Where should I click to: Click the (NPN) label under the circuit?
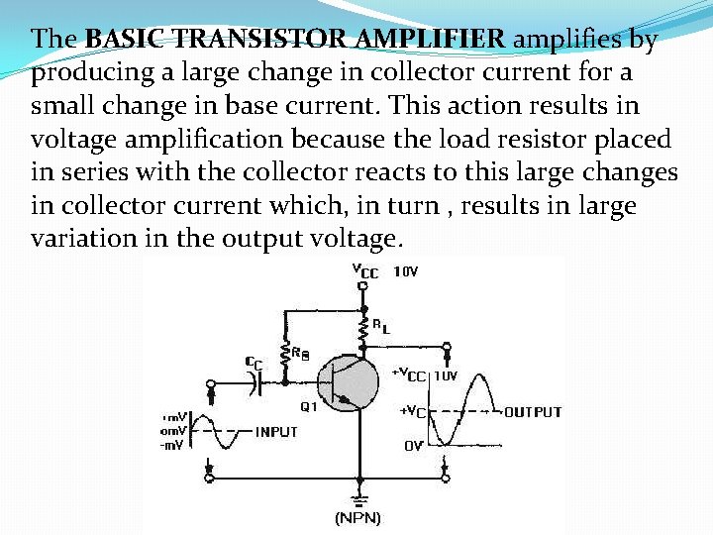click(x=357, y=518)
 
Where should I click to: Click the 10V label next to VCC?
click(x=407, y=270)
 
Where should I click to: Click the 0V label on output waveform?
click(x=413, y=447)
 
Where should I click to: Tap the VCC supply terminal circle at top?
click(x=363, y=285)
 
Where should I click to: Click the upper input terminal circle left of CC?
click(x=211, y=383)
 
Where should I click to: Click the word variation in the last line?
click(x=74, y=239)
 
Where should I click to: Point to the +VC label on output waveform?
click(x=412, y=411)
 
